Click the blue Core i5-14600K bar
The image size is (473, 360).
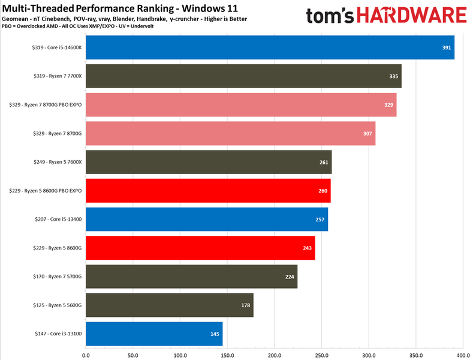270,47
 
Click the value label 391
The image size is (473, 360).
446,47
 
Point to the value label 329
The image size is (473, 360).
388,105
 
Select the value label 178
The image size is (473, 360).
245,305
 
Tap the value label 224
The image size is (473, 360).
289,277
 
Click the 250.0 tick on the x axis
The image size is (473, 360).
321,355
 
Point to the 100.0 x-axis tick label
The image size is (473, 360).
180,355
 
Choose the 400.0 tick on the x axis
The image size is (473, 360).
463,355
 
